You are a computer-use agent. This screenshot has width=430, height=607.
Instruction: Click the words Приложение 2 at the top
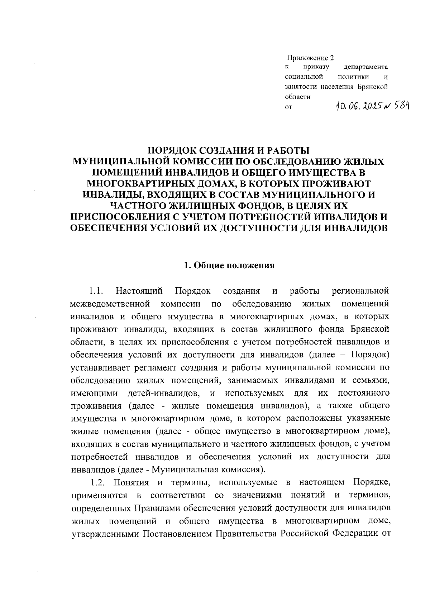pos(310,58)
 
